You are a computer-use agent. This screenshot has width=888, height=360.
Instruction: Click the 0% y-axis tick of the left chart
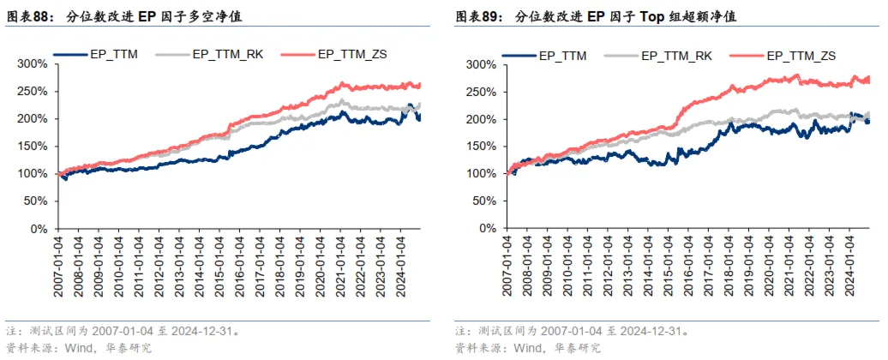pyautogui.click(x=38, y=229)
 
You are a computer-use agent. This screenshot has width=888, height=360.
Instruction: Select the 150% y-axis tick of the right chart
pyautogui.click(x=480, y=147)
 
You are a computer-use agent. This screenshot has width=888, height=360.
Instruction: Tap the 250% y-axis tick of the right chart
pyautogui.click(x=480, y=92)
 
